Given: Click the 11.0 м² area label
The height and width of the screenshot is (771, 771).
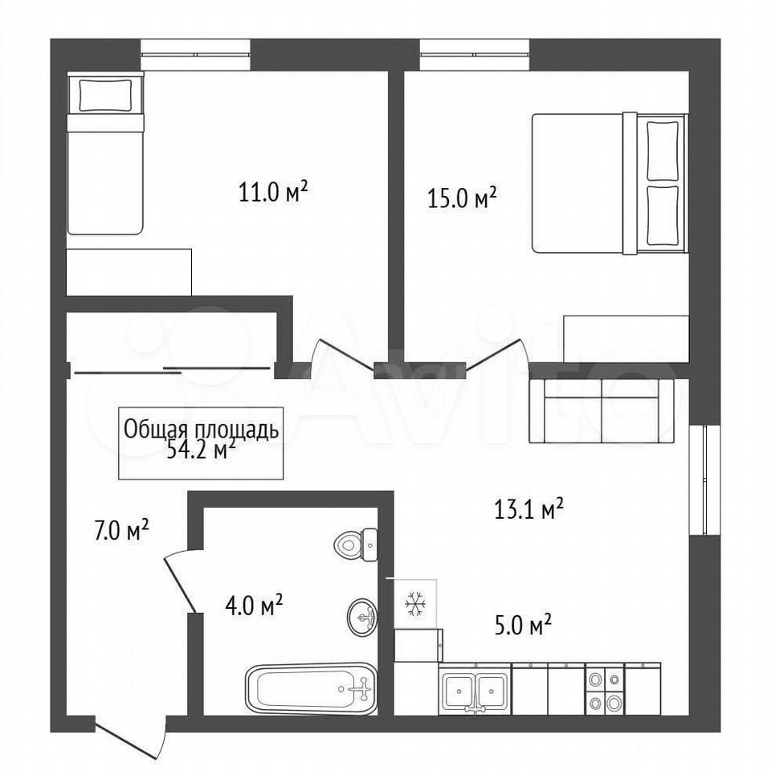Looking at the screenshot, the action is (273, 192).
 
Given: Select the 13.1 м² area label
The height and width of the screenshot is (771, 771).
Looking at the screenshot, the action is (528, 509).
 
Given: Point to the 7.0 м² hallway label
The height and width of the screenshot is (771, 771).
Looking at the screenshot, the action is (121, 531).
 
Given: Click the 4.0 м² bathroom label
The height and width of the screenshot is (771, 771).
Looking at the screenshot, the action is (254, 606).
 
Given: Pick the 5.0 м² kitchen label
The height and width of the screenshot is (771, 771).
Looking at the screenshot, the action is (523, 626).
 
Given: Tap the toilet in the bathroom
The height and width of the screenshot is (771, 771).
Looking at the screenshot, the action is (356, 545).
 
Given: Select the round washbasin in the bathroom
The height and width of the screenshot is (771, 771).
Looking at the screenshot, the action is (362, 617).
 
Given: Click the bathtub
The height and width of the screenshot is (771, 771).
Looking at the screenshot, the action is (311, 688).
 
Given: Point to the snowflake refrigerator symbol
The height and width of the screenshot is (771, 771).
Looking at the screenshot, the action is (415, 603).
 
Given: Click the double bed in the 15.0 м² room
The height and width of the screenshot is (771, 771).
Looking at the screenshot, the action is (610, 183).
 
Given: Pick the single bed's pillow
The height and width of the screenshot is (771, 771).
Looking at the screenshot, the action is (106, 95).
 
